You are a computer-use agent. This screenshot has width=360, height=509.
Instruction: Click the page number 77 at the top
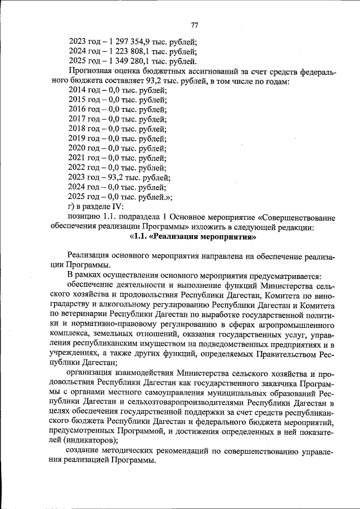195,25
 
